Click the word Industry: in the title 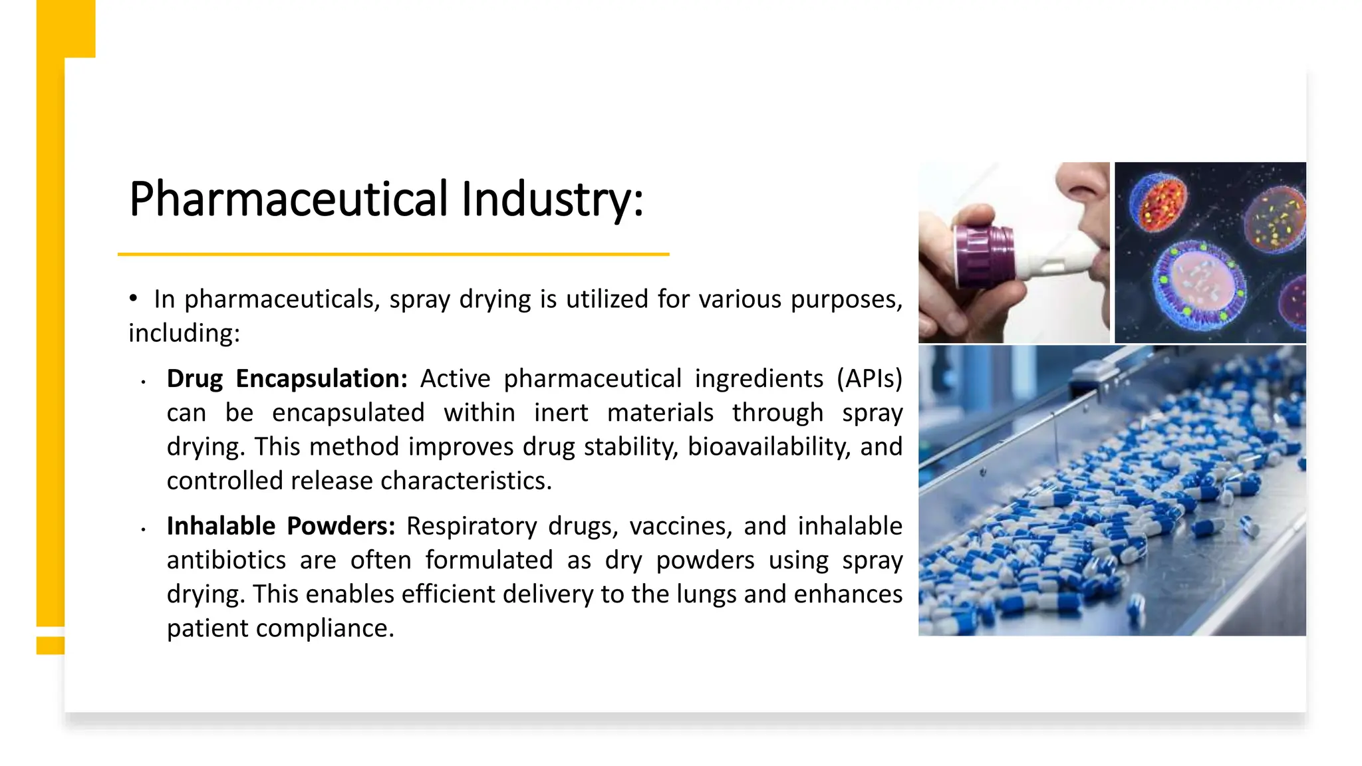(553, 199)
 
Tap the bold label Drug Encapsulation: (287, 378)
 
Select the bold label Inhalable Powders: (281, 526)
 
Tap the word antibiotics (226, 560)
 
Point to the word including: (184, 333)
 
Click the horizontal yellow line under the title (393, 254)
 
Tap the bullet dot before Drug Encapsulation (143, 382)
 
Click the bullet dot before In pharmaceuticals (134, 299)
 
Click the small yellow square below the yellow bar (51, 645)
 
